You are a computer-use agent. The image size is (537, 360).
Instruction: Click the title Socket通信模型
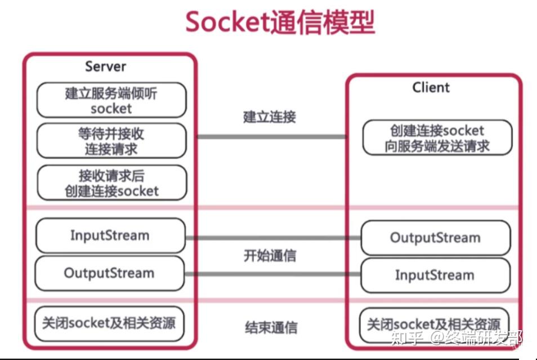[x=280, y=23]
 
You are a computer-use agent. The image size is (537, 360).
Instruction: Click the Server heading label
[x=105, y=66]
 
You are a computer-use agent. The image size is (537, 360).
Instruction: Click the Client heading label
[x=431, y=87]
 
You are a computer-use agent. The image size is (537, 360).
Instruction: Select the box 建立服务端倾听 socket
[x=111, y=100]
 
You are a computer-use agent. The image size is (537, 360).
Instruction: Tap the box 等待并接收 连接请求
[x=111, y=141]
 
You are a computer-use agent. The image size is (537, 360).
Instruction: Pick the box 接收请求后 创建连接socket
[x=111, y=183]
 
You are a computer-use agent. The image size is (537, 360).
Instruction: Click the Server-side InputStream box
[x=110, y=235]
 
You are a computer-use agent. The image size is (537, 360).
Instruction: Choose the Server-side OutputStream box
[x=110, y=273]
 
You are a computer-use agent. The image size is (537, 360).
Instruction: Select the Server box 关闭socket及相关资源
[x=109, y=323]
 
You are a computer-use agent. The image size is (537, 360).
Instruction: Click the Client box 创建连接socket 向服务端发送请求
[x=437, y=138]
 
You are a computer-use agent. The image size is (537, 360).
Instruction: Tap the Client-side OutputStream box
[x=435, y=238]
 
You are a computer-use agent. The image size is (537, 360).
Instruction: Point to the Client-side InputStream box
[x=435, y=275]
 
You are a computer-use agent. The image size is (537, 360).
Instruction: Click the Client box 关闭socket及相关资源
[x=434, y=325]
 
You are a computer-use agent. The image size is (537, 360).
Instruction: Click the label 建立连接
[x=270, y=117]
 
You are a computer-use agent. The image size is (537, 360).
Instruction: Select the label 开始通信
[x=270, y=255]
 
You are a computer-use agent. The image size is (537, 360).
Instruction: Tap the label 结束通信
[x=271, y=327]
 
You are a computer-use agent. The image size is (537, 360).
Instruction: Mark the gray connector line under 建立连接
[x=271, y=136]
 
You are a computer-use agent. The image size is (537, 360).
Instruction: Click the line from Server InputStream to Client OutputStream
[x=272, y=238]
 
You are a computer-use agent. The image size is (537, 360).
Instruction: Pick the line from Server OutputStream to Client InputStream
[x=272, y=274]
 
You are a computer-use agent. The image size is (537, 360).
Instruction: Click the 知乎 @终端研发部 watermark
[x=459, y=339]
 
